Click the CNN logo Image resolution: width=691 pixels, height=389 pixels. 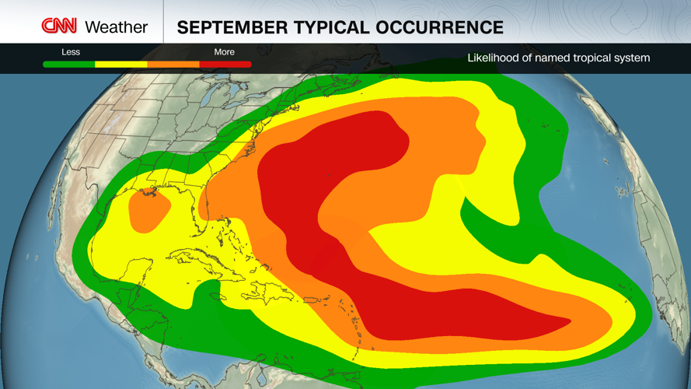click(59, 26)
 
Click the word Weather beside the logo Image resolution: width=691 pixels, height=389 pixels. click(116, 27)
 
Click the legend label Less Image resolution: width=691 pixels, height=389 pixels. click(71, 52)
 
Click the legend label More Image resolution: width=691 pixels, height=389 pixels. click(224, 52)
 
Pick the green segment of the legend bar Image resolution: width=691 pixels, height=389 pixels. click(69, 65)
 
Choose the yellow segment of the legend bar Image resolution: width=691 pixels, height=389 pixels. click(120, 65)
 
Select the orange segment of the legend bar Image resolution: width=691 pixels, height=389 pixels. click(173, 65)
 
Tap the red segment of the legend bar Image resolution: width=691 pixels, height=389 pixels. click(225, 65)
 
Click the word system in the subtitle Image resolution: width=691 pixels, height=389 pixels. click(631, 58)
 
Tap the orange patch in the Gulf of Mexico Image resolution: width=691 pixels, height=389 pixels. click(148, 211)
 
